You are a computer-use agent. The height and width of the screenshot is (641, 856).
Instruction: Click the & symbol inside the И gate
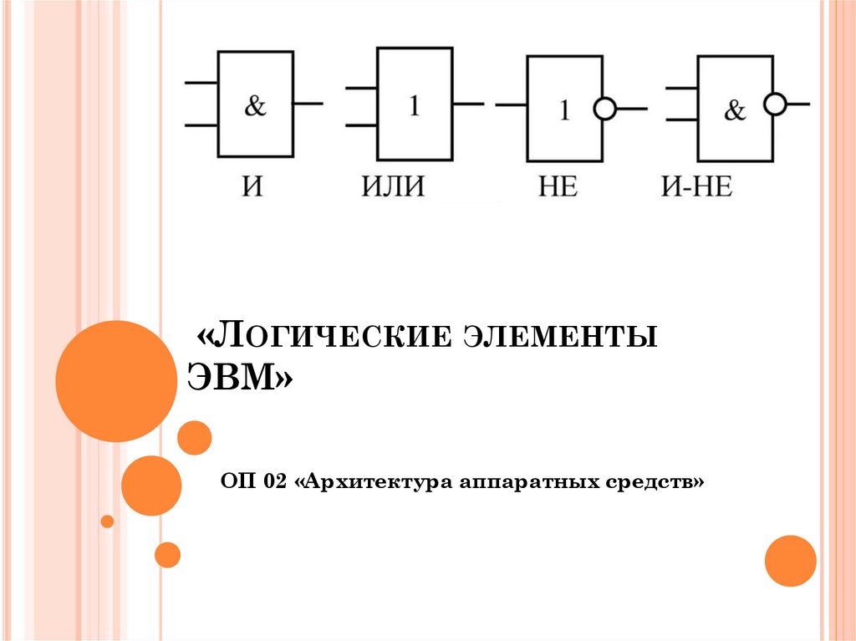(x=256, y=106)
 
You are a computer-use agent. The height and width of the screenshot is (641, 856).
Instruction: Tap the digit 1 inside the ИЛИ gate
(x=414, y=107)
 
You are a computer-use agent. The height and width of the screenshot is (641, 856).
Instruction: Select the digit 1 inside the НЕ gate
(x=564, y=110)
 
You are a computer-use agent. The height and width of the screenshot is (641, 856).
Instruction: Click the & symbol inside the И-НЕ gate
(x=735, y=110)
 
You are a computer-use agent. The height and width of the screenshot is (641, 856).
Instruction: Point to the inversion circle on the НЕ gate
(x=604, y=109)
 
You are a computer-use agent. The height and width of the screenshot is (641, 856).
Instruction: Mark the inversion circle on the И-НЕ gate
(x=776, y=104)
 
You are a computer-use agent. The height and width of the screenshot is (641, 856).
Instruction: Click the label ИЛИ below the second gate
(x=393, y=186)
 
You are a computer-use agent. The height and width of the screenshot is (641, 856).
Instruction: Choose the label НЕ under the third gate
(x=558, y=186)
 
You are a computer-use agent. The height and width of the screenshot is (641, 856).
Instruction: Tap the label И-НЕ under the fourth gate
(x=697, y=186)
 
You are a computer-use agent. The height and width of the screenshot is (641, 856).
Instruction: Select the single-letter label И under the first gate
(x=251, y=186)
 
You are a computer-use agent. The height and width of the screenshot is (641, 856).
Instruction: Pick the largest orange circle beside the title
(x=116, y=381)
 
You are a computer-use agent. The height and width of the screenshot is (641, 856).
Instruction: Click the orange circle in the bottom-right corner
(x=790, y=560)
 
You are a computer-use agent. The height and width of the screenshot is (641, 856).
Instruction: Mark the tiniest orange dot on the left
(x=107, y=521)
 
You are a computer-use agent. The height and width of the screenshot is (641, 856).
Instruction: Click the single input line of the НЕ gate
(x=511, y=105)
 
